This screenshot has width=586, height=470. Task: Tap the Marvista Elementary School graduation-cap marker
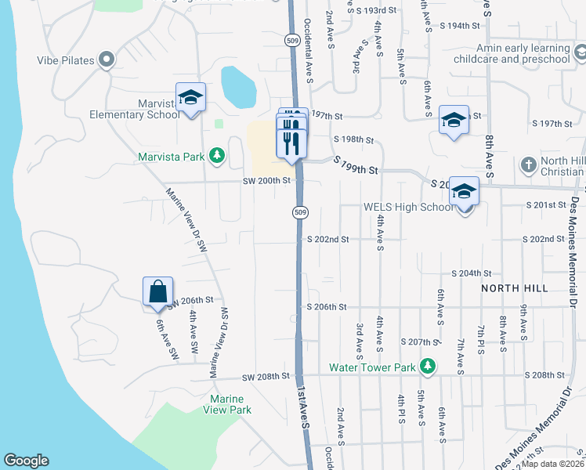tap(190, 98)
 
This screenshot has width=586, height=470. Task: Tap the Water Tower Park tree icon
tap(427, 367)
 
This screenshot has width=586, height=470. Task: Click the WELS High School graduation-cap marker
tap(464, 192)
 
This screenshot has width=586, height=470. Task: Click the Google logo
tap(26, 461)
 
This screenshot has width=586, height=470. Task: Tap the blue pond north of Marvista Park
tap(238, 87)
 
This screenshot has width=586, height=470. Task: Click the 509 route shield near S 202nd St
tap(299, 211)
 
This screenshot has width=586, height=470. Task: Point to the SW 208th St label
tap(266, 377)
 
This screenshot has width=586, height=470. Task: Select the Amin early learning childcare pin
tap(581, 52)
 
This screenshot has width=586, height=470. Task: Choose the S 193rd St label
tap(376, 12)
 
